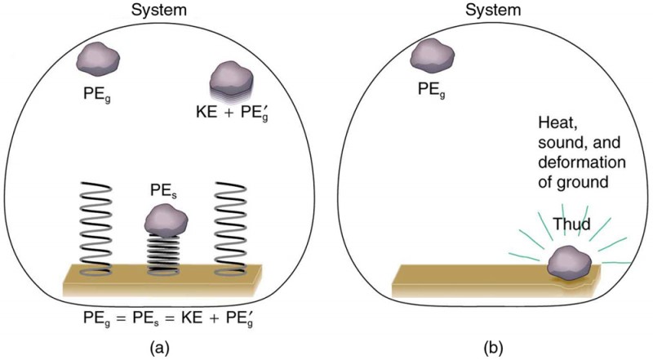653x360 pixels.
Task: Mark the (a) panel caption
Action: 167,345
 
